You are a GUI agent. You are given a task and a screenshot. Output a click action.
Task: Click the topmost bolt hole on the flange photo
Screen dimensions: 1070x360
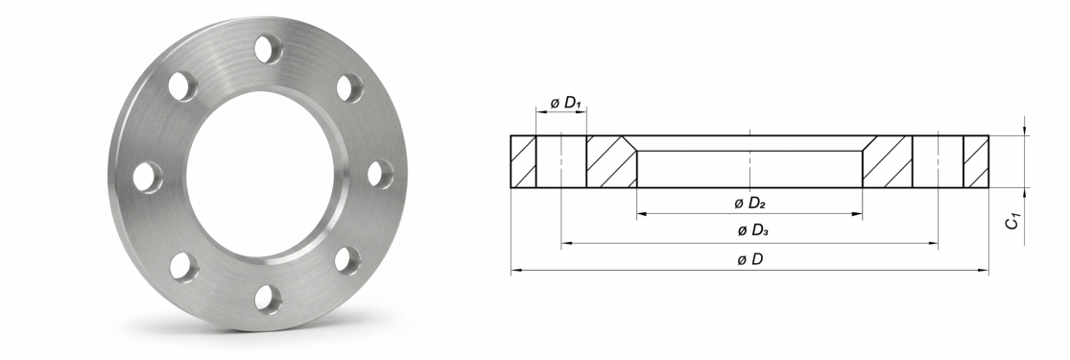268,49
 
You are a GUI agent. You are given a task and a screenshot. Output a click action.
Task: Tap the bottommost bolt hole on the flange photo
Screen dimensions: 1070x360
268,300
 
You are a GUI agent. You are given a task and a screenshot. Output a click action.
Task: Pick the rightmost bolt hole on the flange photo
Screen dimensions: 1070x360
380,174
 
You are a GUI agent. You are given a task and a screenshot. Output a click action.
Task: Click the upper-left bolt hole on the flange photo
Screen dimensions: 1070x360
182,86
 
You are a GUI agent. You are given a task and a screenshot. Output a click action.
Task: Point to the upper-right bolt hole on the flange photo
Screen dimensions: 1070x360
349,88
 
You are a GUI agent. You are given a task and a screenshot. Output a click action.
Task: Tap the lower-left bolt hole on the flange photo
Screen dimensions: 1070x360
183,267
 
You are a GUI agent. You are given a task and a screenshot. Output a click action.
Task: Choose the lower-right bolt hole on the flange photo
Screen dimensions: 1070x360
347,260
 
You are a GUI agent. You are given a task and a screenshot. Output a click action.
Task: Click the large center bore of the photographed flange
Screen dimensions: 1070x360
260,174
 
